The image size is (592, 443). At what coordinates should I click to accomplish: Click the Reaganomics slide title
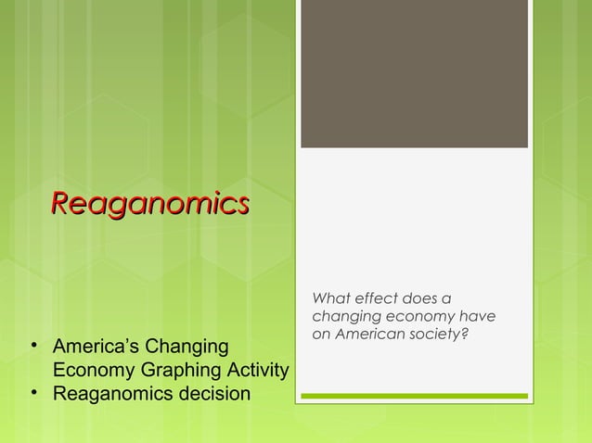coord(149,202)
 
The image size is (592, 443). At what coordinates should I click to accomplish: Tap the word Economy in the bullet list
coord(89,372)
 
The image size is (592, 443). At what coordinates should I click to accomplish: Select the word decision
coord(217,395)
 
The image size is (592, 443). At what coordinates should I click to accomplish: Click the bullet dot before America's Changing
coord(34,348)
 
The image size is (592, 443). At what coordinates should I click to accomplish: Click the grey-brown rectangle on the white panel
coord(414,74)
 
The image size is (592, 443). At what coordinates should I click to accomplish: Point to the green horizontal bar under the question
coord(414,397)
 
